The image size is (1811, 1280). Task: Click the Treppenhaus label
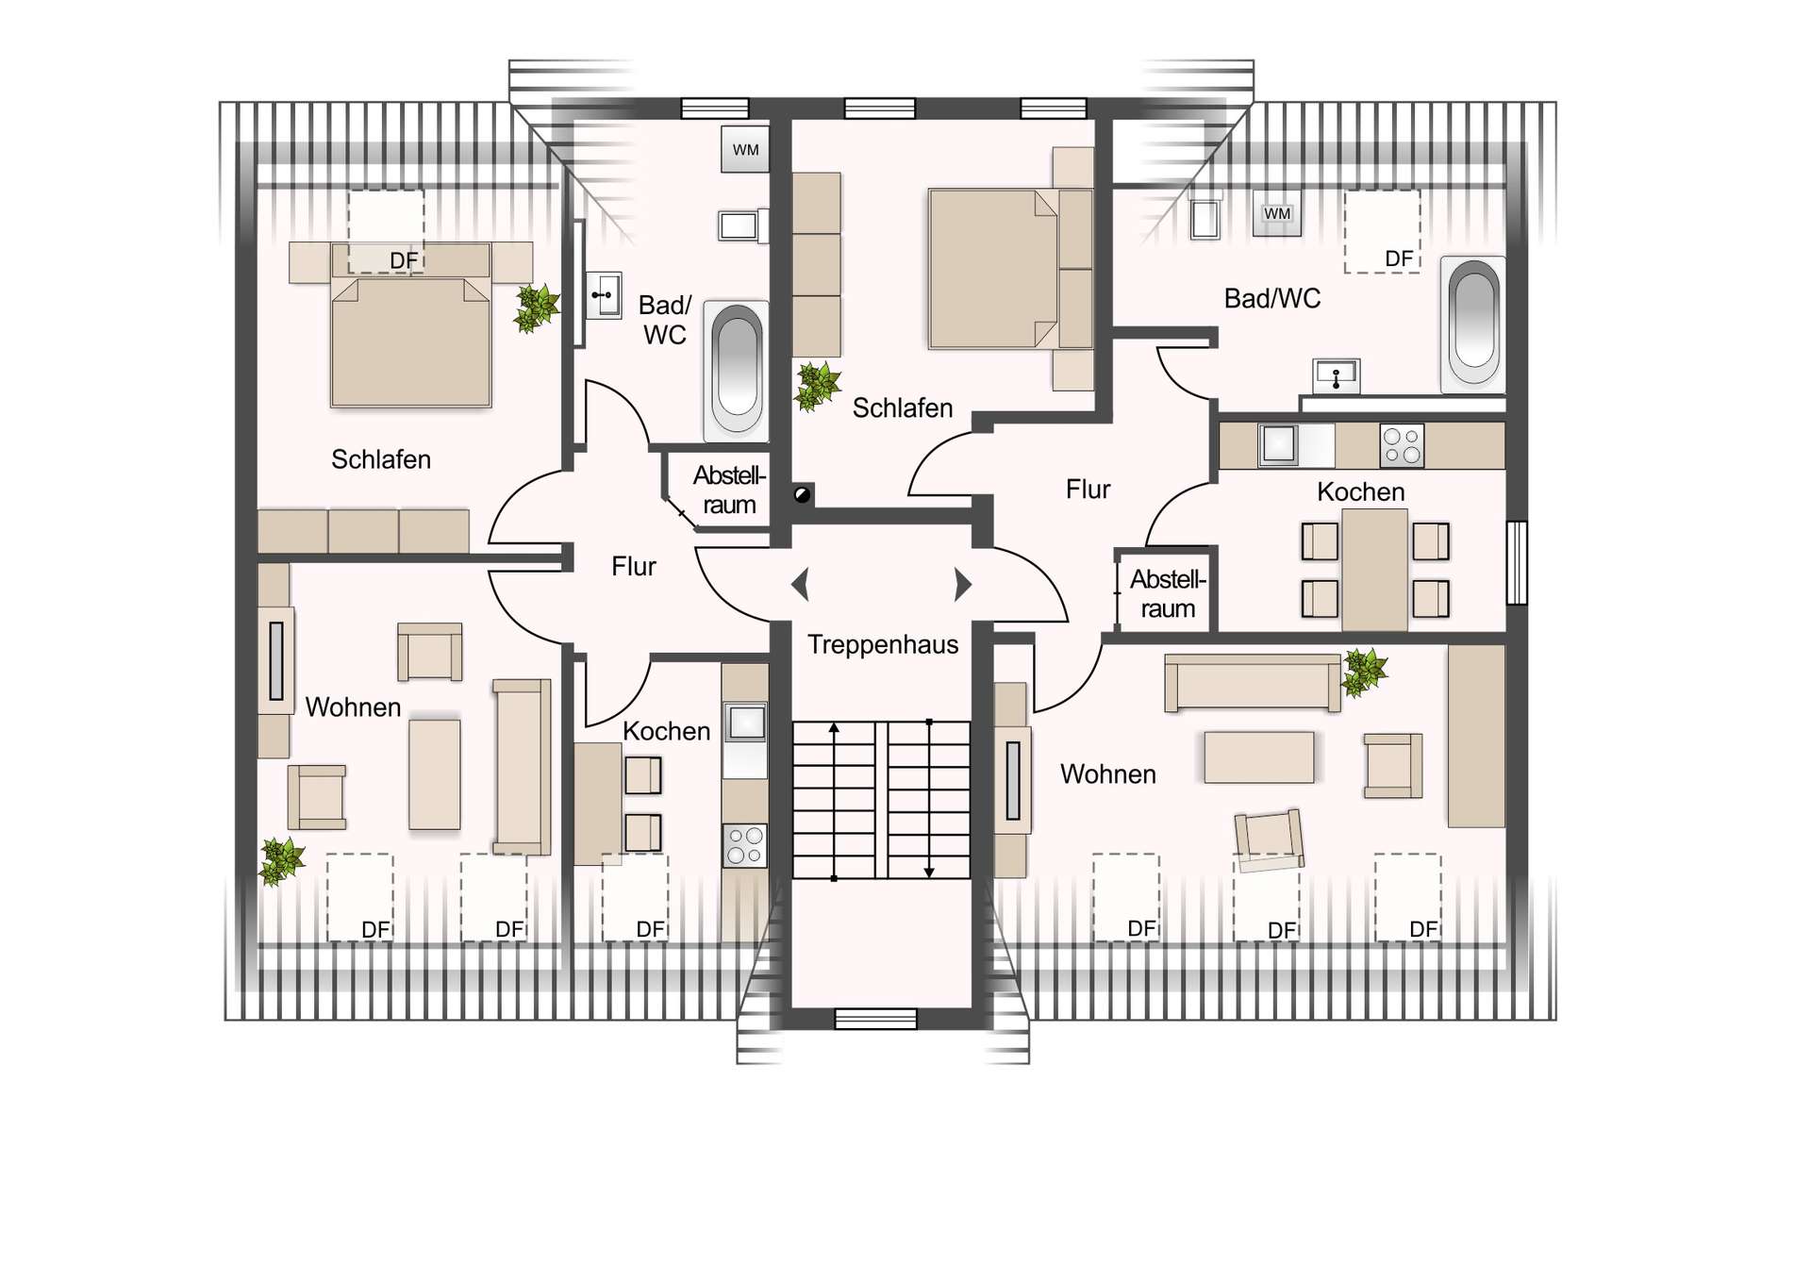tap(883, 645)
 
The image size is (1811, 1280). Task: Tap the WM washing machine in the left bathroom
tap(745, 149)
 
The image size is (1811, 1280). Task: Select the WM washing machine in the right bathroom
tap(1277, 214)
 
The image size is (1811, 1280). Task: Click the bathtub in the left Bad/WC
tap(736, 371)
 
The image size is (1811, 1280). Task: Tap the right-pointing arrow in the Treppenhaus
tap(963, 585)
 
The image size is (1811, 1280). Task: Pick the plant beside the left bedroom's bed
tap(537, 308)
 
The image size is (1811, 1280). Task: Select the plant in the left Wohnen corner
tap(281, 861)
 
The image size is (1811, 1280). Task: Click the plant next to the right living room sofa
tap(1364, 672)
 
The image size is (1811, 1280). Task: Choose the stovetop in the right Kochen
tap(1402, 446)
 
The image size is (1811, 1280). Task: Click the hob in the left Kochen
tap(745, 845)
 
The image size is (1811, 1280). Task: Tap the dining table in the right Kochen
tap(1375, 570)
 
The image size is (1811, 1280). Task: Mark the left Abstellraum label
tap(729, 490)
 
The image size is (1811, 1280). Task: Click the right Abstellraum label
tap(1168, 594)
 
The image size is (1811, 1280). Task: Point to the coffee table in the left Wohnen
tap(435, 775)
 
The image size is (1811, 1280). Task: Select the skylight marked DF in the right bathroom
tap(1382, 231)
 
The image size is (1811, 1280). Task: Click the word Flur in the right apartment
tap(1088, 490)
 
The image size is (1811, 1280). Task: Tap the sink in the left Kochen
tap(745, 723)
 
